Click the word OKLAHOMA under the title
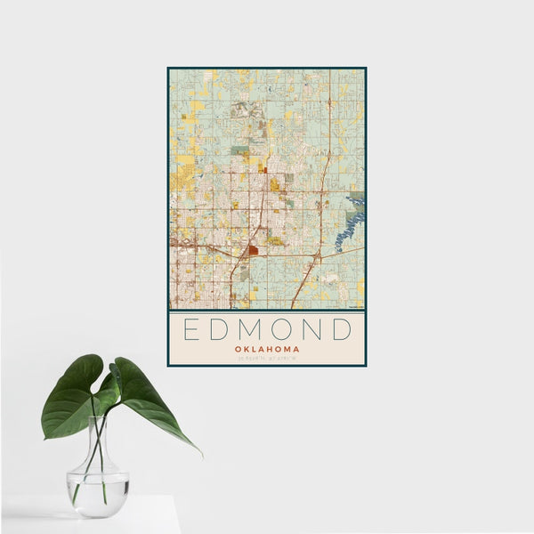point(267,349)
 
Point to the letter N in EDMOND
point(313,330)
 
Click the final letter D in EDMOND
point(342,330)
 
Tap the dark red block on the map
point(254,251)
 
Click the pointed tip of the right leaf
point(199,453)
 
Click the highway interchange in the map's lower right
point(317,255)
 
